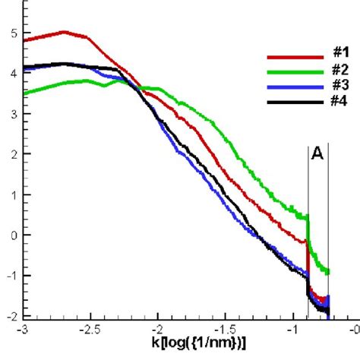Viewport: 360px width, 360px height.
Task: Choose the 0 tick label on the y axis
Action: coord(10,235)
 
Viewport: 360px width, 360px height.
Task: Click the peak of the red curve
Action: coord(64,32)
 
